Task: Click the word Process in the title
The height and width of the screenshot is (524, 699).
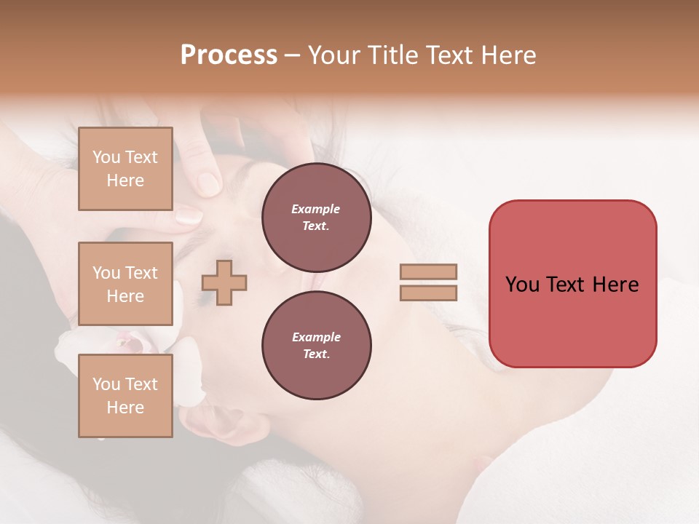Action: [x=229, y=55]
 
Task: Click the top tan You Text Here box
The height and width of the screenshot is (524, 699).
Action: [x=125, y=169]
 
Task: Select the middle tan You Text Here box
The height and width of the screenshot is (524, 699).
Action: [x=125, y=284]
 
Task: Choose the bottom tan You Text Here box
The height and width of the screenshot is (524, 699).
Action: [x=125, y=396]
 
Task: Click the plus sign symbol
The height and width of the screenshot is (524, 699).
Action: [x=224, y=282]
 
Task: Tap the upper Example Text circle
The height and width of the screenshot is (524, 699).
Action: [x=316, y=217]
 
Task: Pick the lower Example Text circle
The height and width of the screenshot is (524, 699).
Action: [x=316, y=345]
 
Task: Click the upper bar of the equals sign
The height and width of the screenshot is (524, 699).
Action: [x=428, y=272]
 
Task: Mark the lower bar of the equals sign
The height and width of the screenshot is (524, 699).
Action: [x=428, y=293]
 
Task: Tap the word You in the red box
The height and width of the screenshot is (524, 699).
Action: [x=523, y=285]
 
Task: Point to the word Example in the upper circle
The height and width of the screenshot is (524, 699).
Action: [x=316, y=209]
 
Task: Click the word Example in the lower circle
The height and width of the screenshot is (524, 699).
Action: [x=316, y=337]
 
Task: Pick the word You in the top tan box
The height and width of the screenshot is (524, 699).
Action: [x=106, y=157]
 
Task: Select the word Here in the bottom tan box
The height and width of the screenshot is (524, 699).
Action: [x=125, y=408]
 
